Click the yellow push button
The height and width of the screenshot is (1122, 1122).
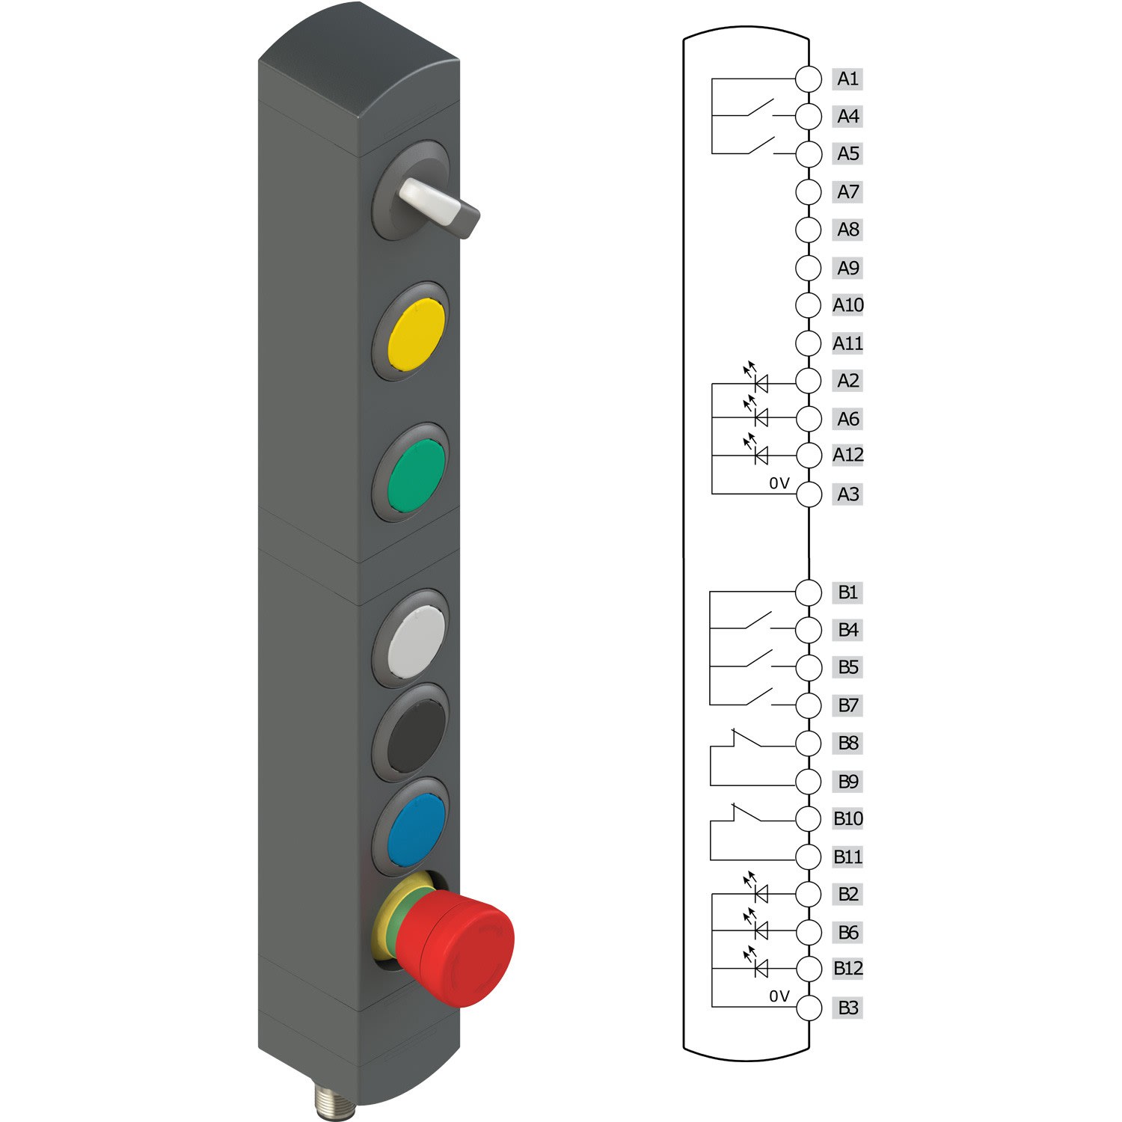point(417,334)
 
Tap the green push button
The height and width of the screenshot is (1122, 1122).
point(417,475)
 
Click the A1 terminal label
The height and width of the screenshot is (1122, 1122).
point(847,79)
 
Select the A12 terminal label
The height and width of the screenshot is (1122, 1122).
point(847,455)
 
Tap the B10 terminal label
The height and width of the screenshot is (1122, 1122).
point(847,818)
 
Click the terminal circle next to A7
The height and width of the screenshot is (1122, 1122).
point(809,191)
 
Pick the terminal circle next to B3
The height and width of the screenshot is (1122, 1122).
point(809,1008)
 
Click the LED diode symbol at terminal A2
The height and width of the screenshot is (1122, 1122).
point(761,384)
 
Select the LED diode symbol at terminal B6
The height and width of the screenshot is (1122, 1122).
point(761,931)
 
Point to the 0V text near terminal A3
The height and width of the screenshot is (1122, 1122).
point(779,483)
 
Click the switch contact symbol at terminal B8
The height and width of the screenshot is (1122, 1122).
point(748,741)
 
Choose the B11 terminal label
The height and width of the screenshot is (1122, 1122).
point(847,856)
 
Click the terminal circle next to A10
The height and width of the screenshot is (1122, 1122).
point(809,305)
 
